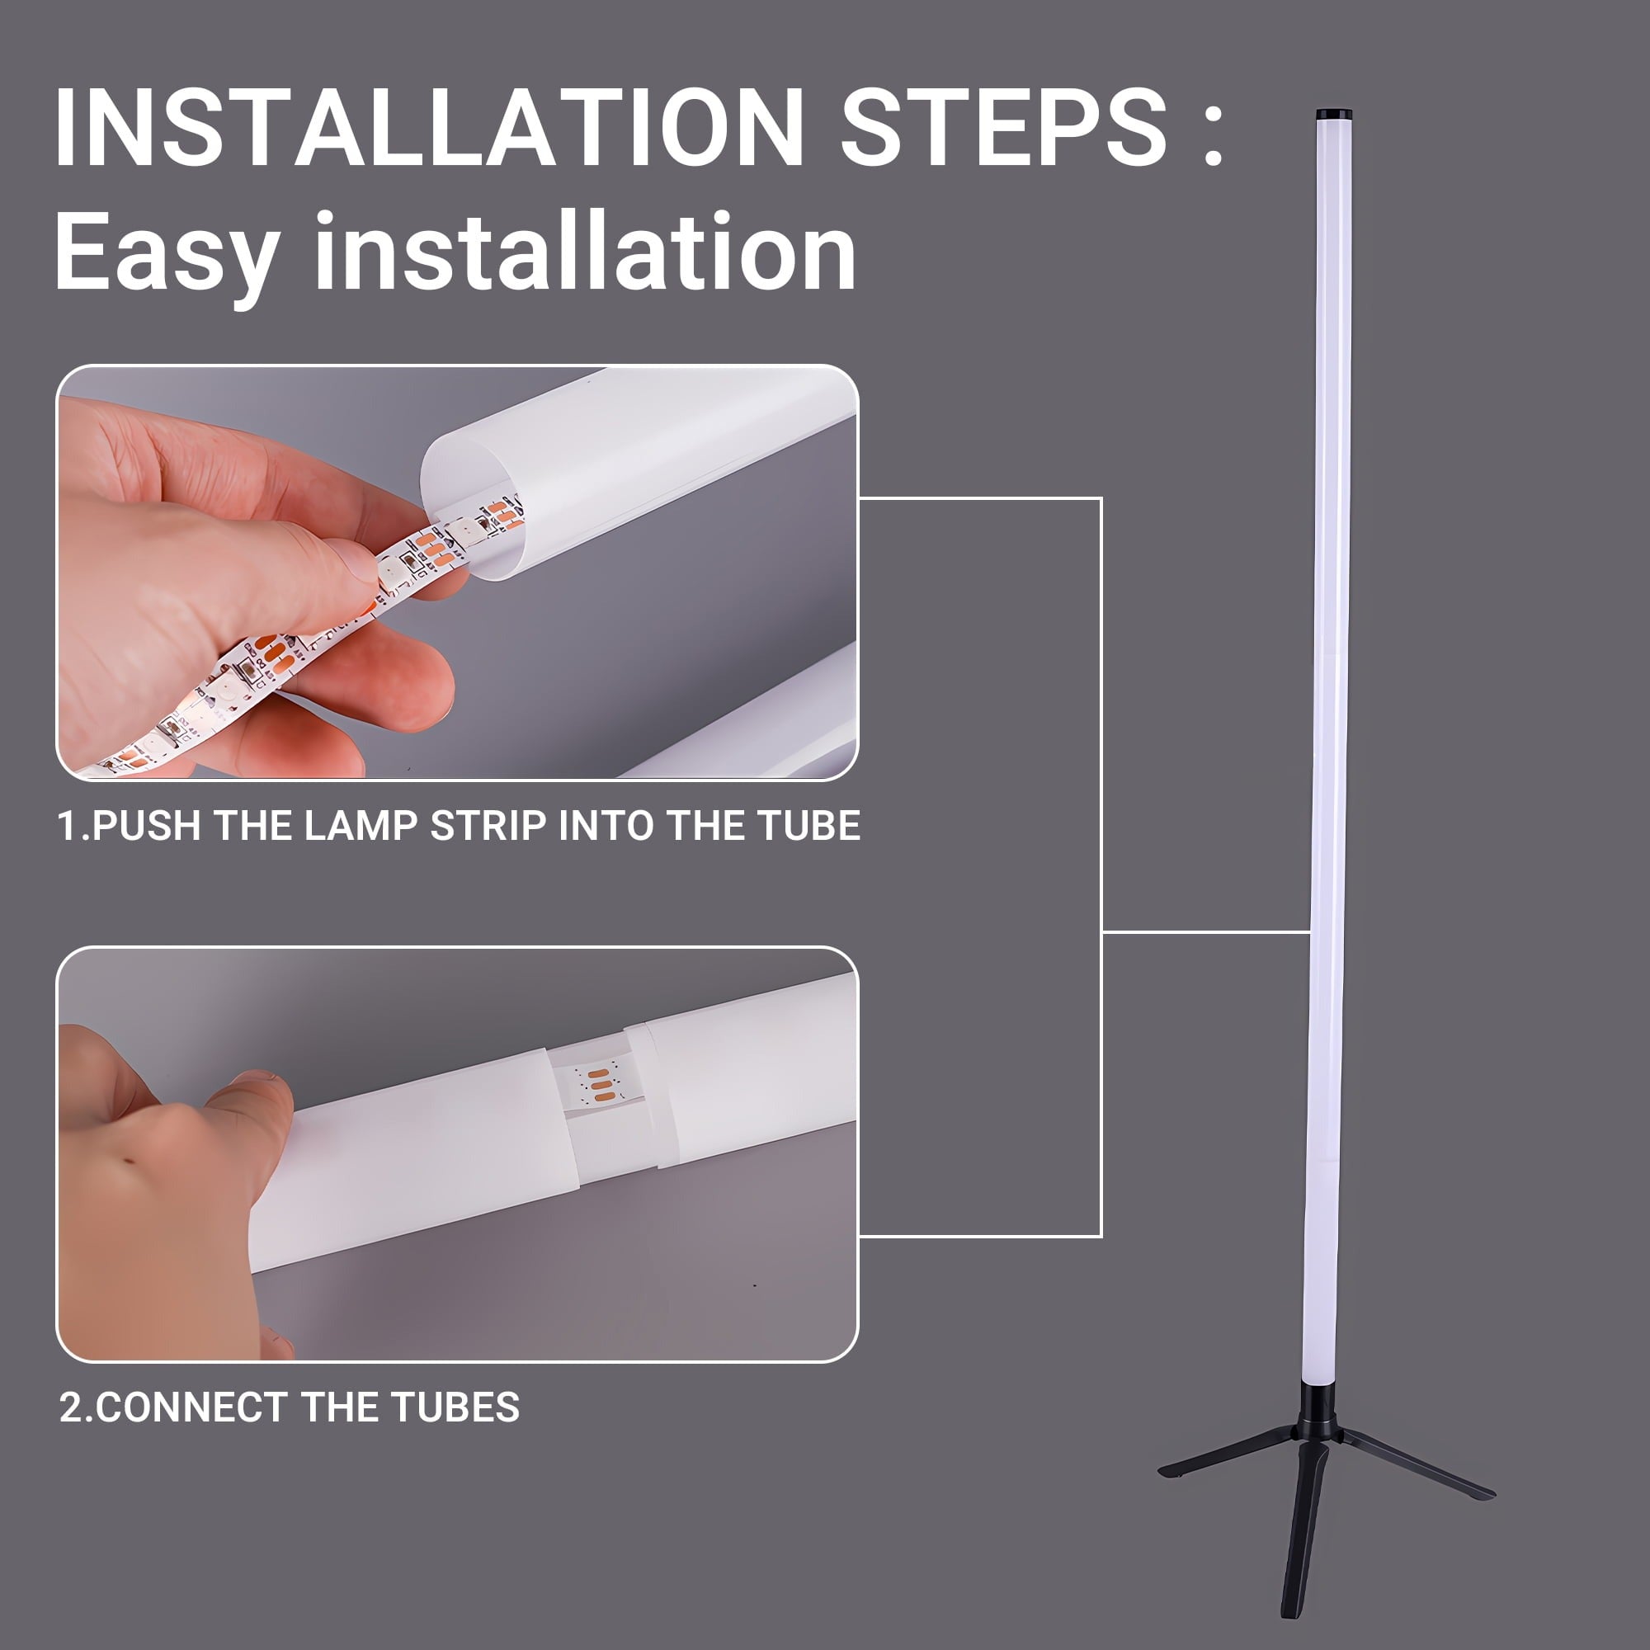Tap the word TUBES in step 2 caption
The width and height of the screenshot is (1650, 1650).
(455, 1407)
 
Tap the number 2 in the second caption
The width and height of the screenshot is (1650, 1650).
(71, 1407)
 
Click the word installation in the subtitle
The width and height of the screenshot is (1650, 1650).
(586, 252)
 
